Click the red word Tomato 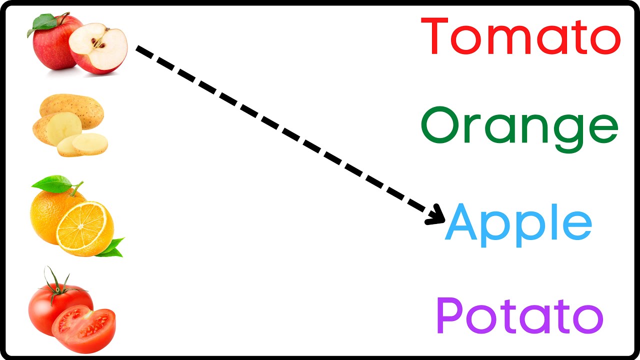[x=520, y=35]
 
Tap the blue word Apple [x=518, y=225]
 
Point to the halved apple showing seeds [x=98, y=48]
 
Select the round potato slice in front [x=89, y=144]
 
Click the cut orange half [x=85, y=229]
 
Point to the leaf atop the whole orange [x=52, y=184]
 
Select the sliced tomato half [x=83, y=328]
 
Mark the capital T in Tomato [x=434, y=35]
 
